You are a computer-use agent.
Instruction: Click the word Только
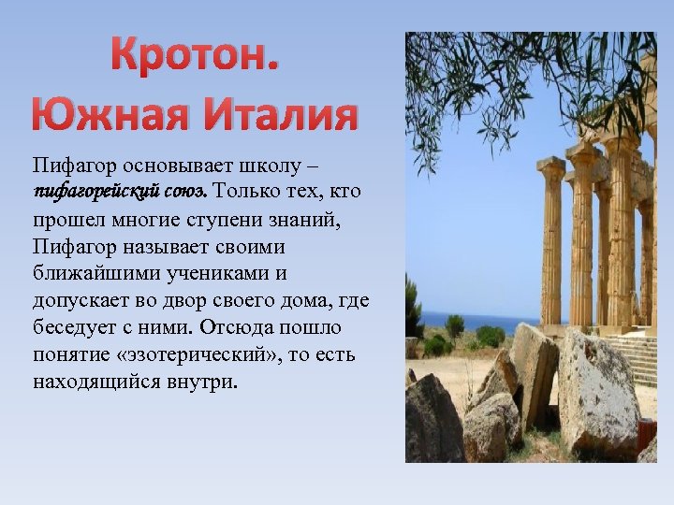[248, 192]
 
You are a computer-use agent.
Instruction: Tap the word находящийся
[90, 382]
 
